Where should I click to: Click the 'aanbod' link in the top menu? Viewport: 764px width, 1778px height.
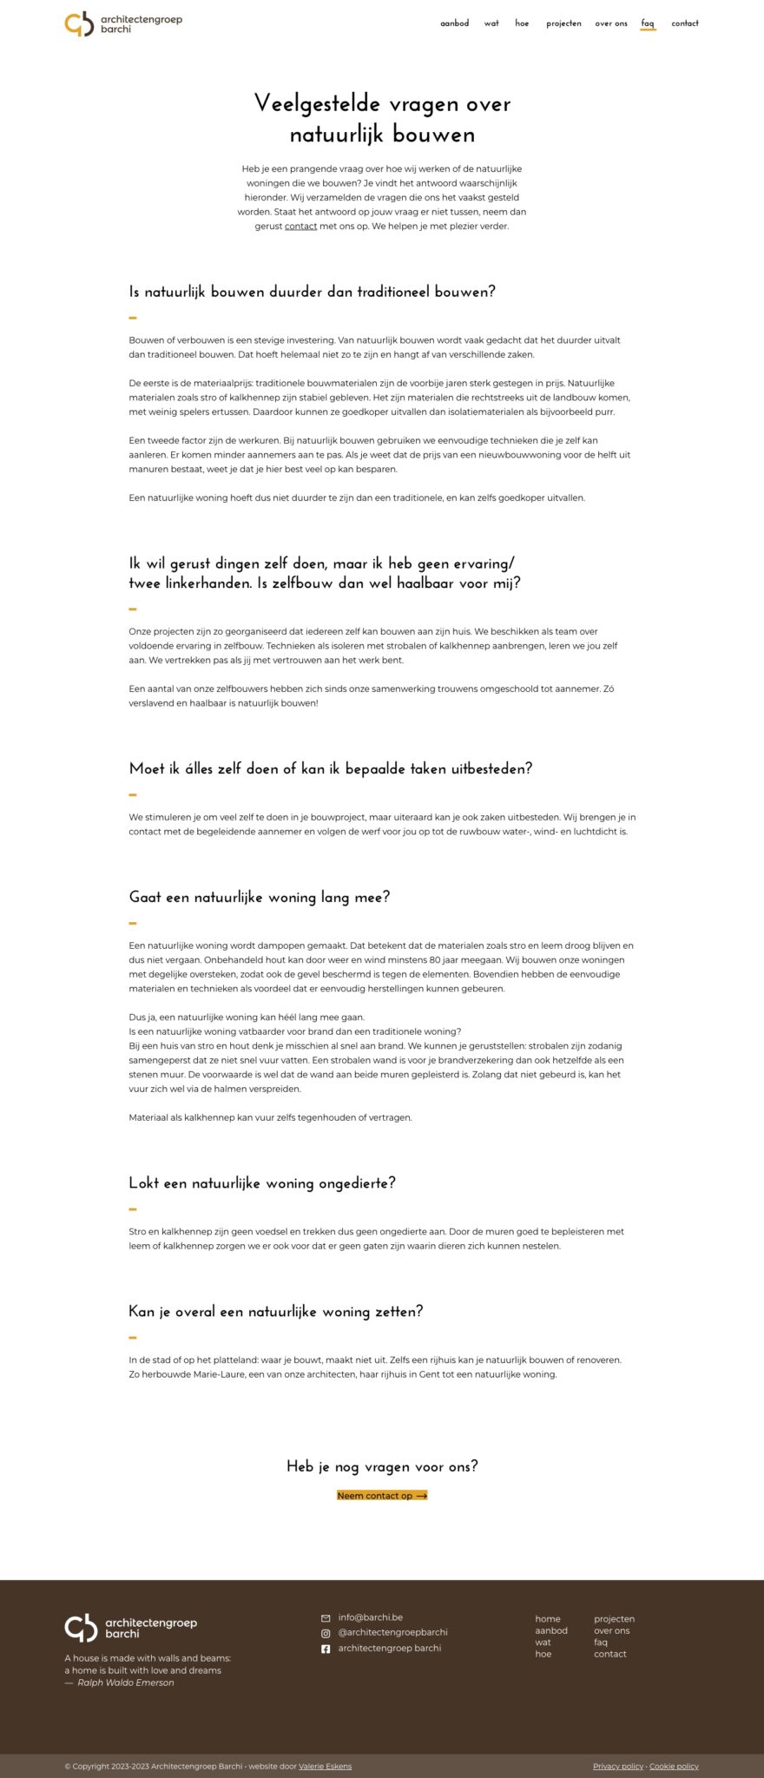click(454, 23)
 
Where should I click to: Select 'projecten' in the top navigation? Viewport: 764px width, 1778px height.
click(563, 23)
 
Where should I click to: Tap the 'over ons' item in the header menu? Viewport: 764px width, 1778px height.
click(611, 23)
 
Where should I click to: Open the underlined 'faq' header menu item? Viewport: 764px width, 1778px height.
click(648, 23)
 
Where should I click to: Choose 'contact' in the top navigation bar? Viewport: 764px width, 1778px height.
click(685, 23)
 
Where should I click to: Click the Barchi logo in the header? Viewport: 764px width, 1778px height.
click(123, 23)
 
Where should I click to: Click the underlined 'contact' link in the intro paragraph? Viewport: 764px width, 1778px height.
click(300, 227)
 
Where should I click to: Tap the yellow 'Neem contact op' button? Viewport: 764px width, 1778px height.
click(382, 1496)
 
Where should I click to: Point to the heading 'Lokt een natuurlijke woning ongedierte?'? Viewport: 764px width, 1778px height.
click(261, 1183)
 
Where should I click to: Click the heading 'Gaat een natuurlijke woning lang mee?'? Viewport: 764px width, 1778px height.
click(259, 898)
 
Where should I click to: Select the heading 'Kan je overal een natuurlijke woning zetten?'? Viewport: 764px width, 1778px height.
click(275, 1312)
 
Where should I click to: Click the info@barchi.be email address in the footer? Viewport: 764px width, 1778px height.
click(370, 1617)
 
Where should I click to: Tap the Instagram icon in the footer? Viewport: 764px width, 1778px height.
click(326, 1633)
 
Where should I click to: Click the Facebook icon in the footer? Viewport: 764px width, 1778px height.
click(326, 1649)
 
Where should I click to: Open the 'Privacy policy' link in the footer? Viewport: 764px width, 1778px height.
click(618, 1766)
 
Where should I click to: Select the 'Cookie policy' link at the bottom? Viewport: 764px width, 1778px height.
click(674, 1766)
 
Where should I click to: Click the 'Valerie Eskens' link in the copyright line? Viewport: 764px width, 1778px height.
click(325, 1766)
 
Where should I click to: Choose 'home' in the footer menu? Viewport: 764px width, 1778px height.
click(547, 1619)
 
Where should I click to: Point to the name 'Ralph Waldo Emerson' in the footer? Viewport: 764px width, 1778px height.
click(126, 1683)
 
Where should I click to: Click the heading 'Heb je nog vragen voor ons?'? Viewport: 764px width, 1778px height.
click(382, 1466)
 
